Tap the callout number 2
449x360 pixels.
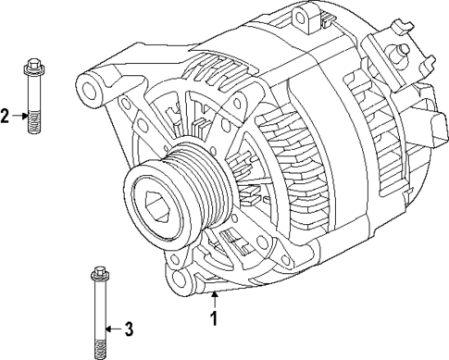pyautogui.click(x=6, y=116)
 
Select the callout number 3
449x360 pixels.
pyautogui.click(x=129, y=329)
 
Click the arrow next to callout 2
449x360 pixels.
pyautogui.click(x=19, y=116)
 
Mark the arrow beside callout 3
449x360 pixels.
pyautogui.click(x=111, y=329)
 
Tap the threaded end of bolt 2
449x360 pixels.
pyautogui.click(x=33, y=123)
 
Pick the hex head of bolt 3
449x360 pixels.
pyautogui.click(x=97, y=272)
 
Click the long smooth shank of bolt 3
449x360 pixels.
pyautogui.click(x=97, y=310)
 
